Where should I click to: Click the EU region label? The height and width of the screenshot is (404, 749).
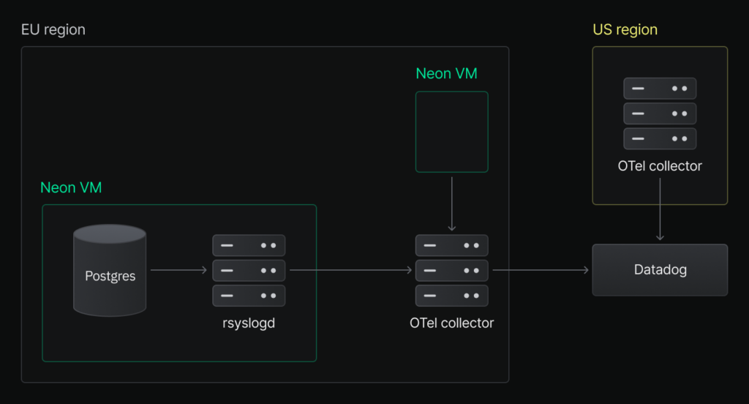53,30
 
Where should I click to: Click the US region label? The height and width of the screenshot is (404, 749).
625,30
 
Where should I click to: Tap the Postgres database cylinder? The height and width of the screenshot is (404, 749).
110,270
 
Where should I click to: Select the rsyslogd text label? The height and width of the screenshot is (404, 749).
249,323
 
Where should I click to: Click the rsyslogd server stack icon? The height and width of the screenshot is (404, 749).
249,270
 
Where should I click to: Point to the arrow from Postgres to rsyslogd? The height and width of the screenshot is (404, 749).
178,270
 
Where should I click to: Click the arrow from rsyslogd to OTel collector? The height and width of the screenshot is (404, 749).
350,270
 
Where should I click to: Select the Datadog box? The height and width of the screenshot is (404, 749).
660,270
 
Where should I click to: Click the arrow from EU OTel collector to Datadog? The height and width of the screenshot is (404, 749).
541,270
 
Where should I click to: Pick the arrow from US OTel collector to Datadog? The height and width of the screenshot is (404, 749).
660,209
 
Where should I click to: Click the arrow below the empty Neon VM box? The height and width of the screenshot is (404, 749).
452,204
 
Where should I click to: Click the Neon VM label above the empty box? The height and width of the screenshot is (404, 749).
446,74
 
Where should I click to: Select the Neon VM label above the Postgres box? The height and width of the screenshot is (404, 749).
71,187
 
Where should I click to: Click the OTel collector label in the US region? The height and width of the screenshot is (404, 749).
660,166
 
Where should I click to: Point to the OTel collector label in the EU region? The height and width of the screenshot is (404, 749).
451,323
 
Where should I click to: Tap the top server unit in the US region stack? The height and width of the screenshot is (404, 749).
660,89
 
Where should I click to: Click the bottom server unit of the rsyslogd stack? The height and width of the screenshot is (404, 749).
249,296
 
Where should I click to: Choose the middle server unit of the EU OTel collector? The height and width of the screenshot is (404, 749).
452,271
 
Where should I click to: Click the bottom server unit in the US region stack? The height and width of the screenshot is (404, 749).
660,138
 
